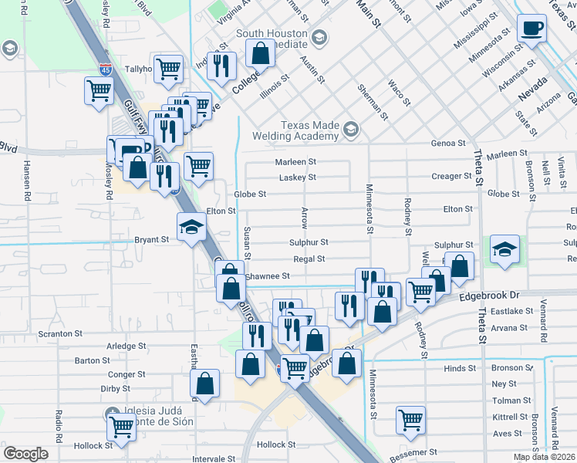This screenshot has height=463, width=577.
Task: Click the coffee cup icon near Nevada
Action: pos(532,30)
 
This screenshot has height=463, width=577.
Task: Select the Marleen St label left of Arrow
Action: pos(296,162)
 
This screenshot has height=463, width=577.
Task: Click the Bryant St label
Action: pos(151,240)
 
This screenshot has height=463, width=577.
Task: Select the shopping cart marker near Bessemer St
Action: pos(410,420)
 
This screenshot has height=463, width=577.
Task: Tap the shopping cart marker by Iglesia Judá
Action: pos(120,424)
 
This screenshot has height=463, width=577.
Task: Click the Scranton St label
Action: pos(60,334)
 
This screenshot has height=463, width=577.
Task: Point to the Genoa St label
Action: pos(448,144)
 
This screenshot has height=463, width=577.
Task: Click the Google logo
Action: pos(25,454)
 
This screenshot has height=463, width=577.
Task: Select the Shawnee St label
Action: pos(267,276)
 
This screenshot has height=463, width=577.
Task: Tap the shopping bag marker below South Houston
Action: pos(260,52)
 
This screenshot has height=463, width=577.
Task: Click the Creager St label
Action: pos(451,177)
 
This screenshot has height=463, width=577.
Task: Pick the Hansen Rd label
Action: pos(26,181)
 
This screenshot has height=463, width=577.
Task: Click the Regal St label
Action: pos(309,259)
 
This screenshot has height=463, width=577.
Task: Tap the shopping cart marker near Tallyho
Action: pos(168,69)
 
